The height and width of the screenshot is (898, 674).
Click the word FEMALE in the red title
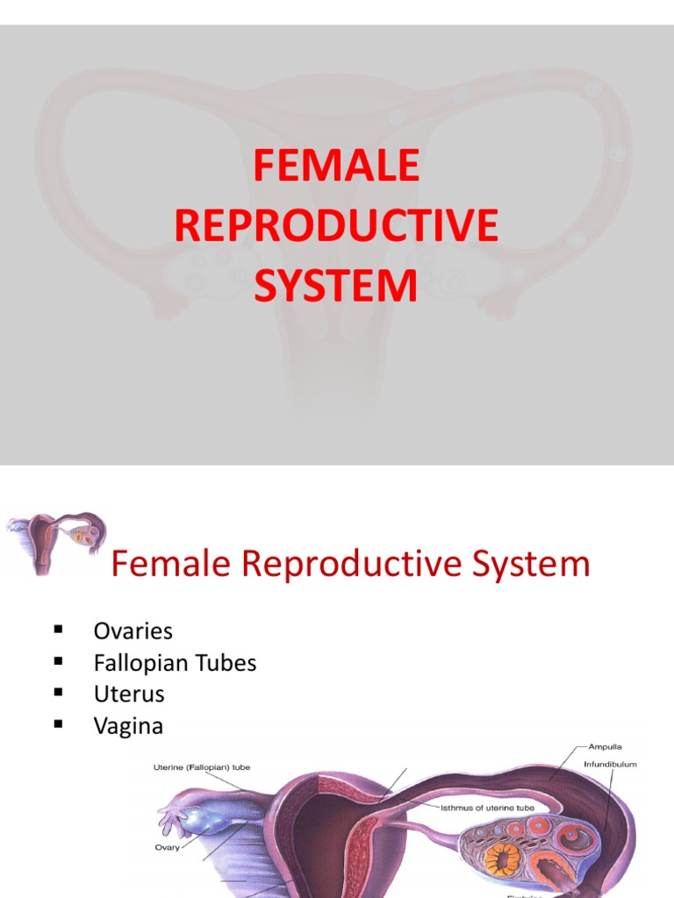coord(336,167)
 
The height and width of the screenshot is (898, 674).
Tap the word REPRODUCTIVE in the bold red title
coord(336,225)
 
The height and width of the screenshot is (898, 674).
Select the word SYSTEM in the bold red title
coord(336,286)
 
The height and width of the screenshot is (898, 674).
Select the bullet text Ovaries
coord(133,631)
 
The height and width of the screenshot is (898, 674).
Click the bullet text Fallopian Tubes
coord(175,663)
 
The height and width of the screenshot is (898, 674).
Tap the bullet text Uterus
coord(129,695)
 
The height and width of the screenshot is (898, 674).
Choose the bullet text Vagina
coord(128,726)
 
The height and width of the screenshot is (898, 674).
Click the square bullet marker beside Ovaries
coord(59,629)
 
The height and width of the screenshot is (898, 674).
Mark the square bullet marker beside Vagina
coord(59,723)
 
